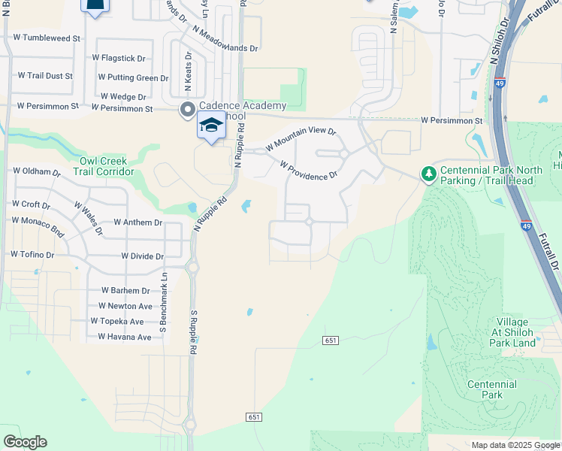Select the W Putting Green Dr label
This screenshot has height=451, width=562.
[133, 77]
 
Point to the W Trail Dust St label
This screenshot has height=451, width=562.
[45, 76]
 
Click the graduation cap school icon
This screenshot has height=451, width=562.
[211, 125]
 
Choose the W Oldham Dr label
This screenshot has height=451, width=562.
[36, 172]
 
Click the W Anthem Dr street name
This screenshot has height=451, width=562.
[137, 222]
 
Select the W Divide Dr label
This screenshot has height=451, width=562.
[142, 256]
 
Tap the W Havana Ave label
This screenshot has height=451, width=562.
[121, 337]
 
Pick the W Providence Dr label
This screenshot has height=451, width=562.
[309, 171]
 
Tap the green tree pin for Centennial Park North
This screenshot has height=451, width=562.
[428, 174]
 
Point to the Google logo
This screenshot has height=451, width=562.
[25, 442]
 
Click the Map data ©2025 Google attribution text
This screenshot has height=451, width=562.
[515, 445]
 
